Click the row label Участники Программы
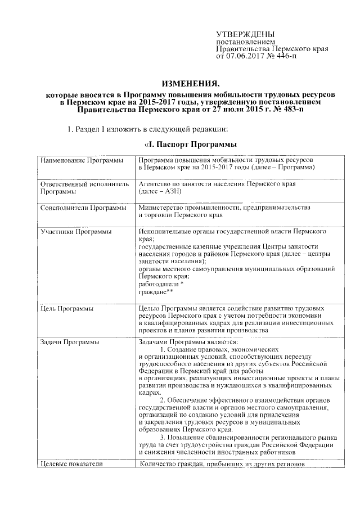tap(76, 231)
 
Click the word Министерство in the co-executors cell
tap(161, 208)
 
